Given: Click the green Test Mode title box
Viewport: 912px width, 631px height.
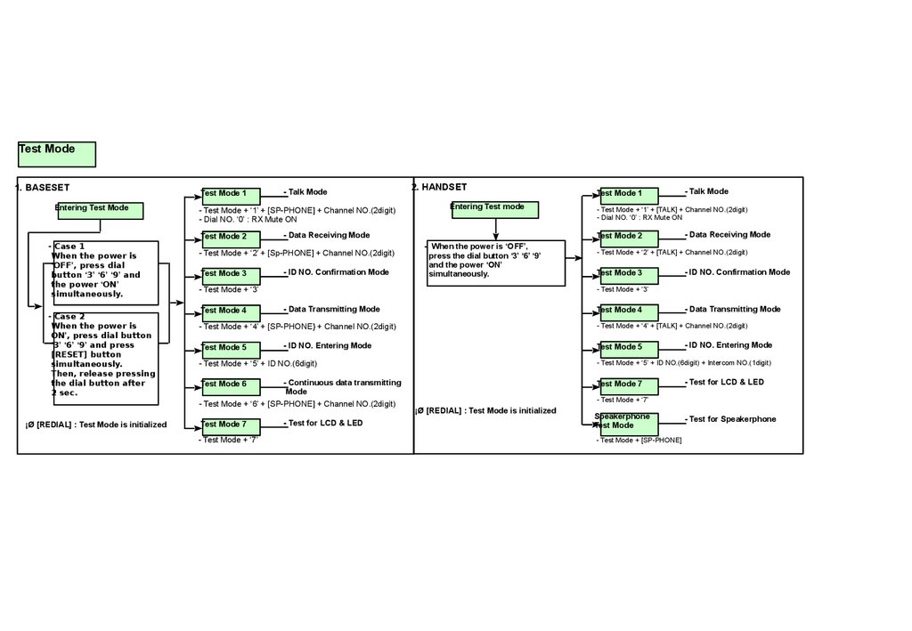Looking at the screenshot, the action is pos(56,154).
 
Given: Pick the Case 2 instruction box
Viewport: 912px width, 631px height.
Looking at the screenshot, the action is pos(104,358).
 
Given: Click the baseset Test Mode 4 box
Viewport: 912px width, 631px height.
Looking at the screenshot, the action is pos(231,313).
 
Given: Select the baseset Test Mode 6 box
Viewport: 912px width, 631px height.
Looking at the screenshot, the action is pos(231,387).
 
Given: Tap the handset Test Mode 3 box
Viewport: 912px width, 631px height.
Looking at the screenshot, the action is pos(628,276).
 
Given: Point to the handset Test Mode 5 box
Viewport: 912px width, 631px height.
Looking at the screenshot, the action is pos(628,350).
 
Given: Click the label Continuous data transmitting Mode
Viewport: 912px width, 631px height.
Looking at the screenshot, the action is pos(344,386).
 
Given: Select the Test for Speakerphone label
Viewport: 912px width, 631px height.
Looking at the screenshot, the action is pos(731,419).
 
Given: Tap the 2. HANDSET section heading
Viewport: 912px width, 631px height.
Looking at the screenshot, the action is pos(439,187).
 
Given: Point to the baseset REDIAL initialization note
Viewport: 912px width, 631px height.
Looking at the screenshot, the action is pos(96,425).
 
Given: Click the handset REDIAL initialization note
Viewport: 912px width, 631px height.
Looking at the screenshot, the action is pos(485,410).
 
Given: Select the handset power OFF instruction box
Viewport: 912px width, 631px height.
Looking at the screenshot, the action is pos(495,263).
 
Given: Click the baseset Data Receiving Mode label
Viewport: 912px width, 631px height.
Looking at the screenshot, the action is pos(328,235).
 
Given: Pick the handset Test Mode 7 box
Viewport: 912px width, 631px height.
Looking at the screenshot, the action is pos(628,386).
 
